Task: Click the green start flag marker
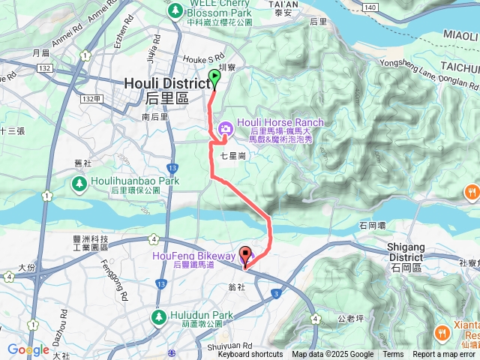pyautogui.click(x=215, y=77)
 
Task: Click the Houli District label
pyautogui.click(x=166, y=83)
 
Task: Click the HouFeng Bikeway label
pyautogui.click(x=183, y=256)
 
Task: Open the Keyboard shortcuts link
pyautogui.click(x=250, y=355)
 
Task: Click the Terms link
pyautogui.click(x=393, y=355)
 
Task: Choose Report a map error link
pyautogui.click(x=445, y=355)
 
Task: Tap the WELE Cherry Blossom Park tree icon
pyautogui.click(x=175, y=10)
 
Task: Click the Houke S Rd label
pyautogui.click(x=205, y=57)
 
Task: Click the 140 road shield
pyautogui.click(x=369, y=6)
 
